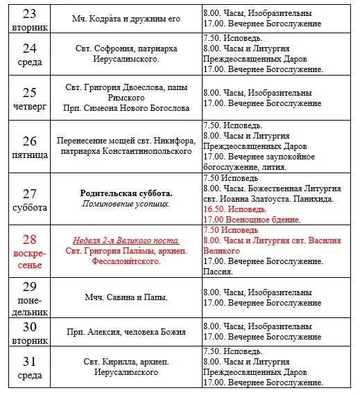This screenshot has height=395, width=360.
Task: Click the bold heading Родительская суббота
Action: pyautogui.click(x=127, y=193)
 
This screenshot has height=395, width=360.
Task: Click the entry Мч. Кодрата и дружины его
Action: pyautogui.click(x=126, y=19)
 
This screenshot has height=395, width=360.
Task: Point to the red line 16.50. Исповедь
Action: pyautogui.click(x=237, y=209)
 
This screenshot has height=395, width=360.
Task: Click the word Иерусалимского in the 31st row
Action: pyautogui.click(x=127, y=372)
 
